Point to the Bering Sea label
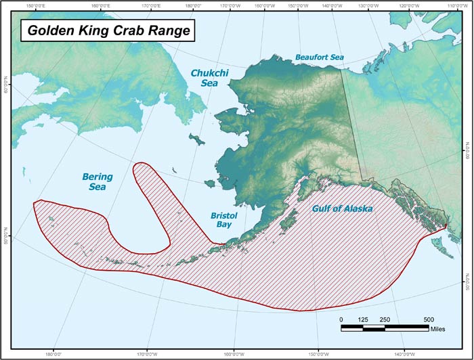[98, 182]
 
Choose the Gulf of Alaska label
[342, 209]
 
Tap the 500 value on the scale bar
[429, 319]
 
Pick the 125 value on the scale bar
[363, 319]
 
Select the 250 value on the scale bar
[385, 319]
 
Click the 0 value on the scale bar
[341, 319]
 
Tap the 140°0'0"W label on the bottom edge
[405, 353]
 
